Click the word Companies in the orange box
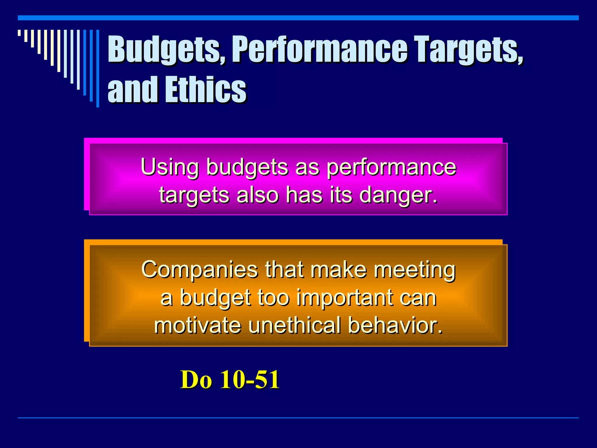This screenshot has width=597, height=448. [199, 270]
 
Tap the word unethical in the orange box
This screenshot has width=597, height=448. [294, 325]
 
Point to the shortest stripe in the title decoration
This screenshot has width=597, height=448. [19, 33]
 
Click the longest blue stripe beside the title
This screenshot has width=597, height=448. [98, 69]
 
